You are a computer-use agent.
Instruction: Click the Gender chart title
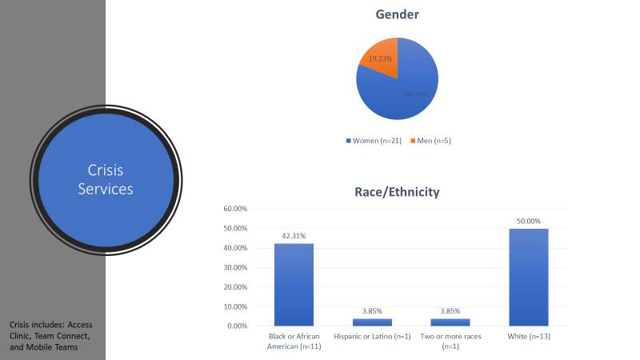[397, 15]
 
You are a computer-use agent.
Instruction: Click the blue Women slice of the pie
[408, 88]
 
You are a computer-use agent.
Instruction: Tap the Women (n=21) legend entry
[375, 141]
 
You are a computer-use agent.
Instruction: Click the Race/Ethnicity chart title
[397, 193]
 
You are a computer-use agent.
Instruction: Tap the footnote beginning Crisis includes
[52, 337]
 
